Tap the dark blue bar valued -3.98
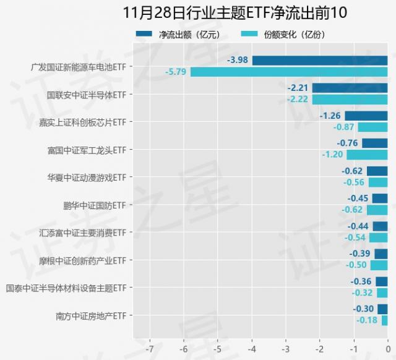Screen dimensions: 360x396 [319, 61]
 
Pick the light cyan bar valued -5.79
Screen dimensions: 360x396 [289, 72]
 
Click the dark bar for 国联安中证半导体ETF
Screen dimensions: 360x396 [350, 88]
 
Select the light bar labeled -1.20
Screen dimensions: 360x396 [367, 155]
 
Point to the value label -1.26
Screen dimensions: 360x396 [330, 116]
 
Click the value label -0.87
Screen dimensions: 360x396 [343, 127]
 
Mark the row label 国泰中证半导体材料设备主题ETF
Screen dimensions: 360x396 [66, 288]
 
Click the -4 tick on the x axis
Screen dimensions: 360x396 [251, 340]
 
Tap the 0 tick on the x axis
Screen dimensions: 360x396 [387, 340]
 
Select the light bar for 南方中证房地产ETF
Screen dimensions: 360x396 [384, 320]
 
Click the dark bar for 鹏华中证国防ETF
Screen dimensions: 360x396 [380, 199]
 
